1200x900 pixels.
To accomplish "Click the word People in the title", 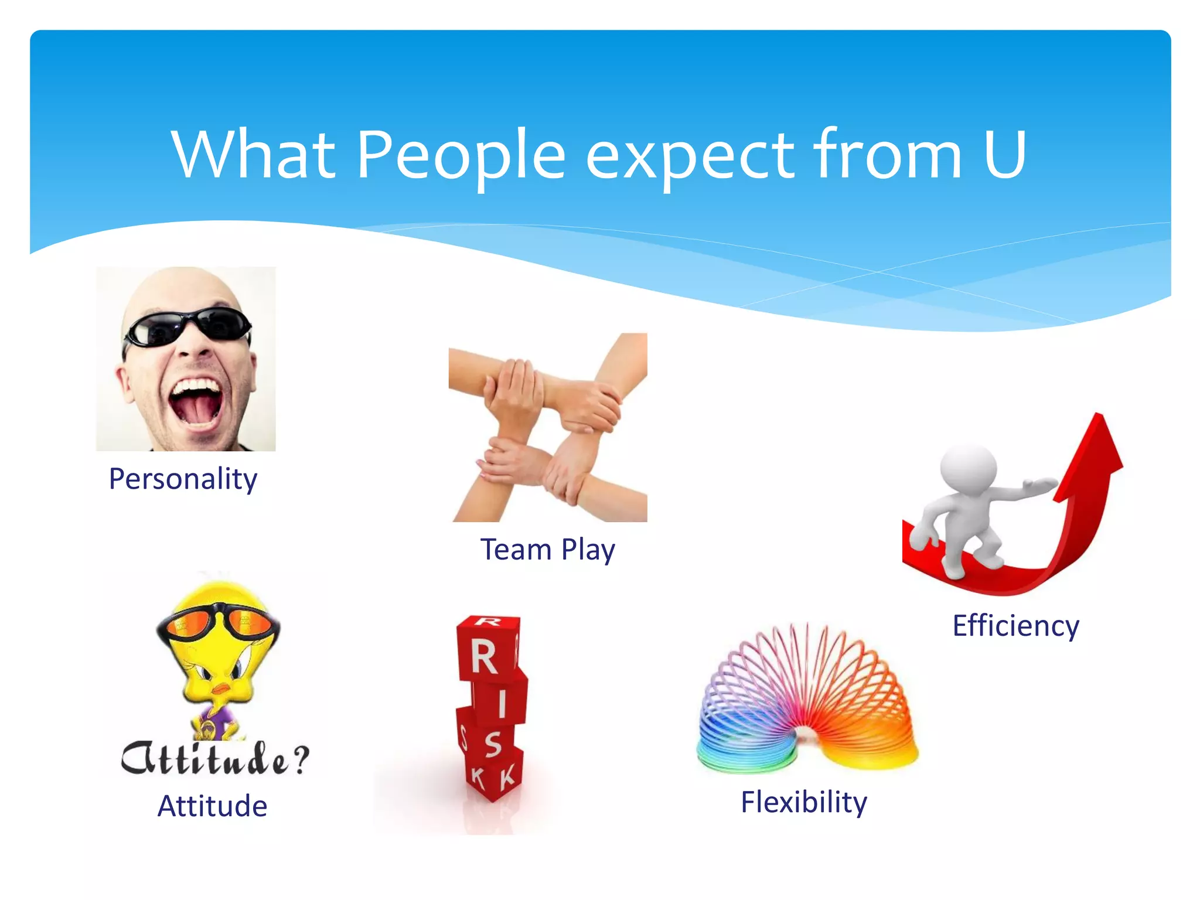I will pos(461,155).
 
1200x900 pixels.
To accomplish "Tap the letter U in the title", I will pos(1004,155).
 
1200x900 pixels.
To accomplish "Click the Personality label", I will pos(183,479).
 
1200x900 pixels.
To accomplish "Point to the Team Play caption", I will pos(547,550).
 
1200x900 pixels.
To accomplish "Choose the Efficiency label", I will pos(1015,625).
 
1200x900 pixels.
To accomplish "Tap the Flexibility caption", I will pos(803,802).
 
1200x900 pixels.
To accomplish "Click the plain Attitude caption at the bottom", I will pos(212,806).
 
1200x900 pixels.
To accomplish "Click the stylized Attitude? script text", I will pos(214,759).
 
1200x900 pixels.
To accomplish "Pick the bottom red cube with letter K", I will pos(493,776).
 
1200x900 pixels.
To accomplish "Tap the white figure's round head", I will pos(968,469).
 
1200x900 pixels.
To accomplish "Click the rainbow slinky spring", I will pos(807,703).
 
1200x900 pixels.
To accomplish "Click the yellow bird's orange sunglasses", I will pos(218,625).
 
